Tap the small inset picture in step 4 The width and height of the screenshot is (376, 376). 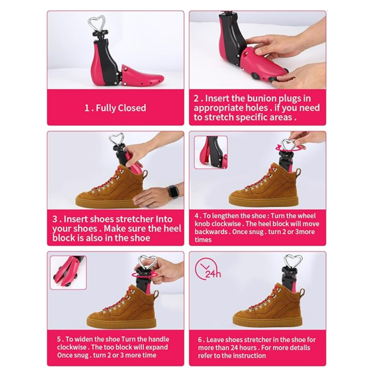tap(211, 152)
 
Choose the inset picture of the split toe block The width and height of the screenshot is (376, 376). tap(68, 273)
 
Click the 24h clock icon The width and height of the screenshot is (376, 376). tap(208, 269)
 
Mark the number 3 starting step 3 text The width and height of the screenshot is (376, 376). tap(55, 219)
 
